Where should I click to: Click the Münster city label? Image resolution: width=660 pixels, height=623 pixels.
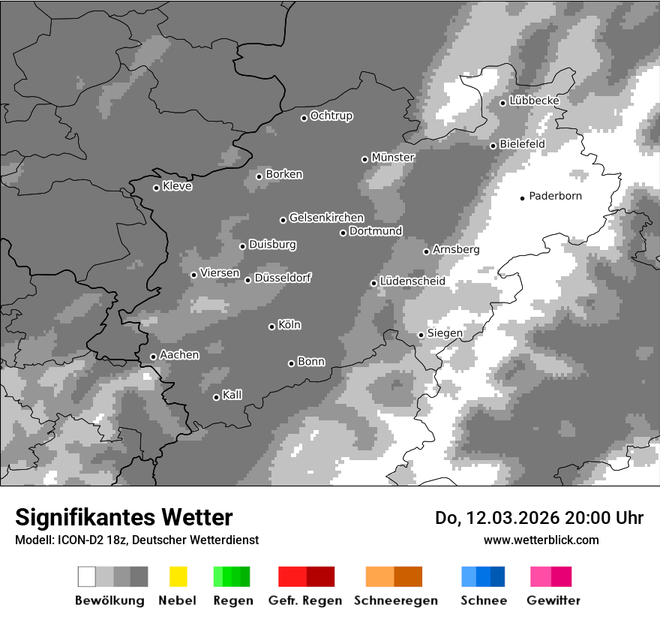(x=393, y=158)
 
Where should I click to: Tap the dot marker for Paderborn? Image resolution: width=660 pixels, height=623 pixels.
(x=523, y=198)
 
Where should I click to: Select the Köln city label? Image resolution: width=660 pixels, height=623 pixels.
(x=289, y=325)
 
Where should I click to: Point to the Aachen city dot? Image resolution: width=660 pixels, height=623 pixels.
(x=153, y=357)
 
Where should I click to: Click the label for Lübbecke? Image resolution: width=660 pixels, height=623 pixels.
(x=534, y=101)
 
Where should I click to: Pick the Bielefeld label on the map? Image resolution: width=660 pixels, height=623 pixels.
(x=522, y=143)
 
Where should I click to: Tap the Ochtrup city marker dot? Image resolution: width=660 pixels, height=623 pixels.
(x=304, y=118)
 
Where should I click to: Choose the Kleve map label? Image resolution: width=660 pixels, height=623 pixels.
(x=177, y=186)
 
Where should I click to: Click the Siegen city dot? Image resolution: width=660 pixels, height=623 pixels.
(x=421, y=335)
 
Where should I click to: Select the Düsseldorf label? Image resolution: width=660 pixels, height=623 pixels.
(x=283, y=278)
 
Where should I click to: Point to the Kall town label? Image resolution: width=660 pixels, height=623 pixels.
(x=232, y=395)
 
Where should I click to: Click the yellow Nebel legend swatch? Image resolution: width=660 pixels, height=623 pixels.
(x=178, y=576)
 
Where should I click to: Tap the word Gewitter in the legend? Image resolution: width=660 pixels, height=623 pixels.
(x=553, y=600)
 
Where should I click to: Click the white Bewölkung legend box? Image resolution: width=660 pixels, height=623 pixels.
(x=87, y=576)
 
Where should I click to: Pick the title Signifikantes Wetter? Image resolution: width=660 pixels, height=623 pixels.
(x=124, y=518)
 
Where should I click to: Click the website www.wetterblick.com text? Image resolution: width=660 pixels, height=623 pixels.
(x=541, y=540)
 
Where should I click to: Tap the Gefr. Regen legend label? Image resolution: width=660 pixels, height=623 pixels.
(x=305, y=600)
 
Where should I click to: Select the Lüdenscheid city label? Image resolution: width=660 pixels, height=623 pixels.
(x=412, y=281)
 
